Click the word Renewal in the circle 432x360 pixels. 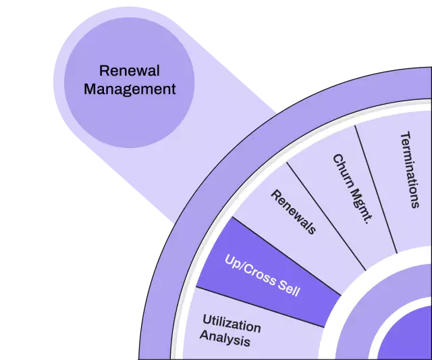pos(129,70)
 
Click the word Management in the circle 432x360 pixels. pos(129,88)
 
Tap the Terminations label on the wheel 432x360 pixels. pos(410,169)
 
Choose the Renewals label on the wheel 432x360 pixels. pos(294,211)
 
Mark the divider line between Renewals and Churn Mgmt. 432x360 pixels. pos(327,216)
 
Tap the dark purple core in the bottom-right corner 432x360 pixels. pos(412,344)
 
